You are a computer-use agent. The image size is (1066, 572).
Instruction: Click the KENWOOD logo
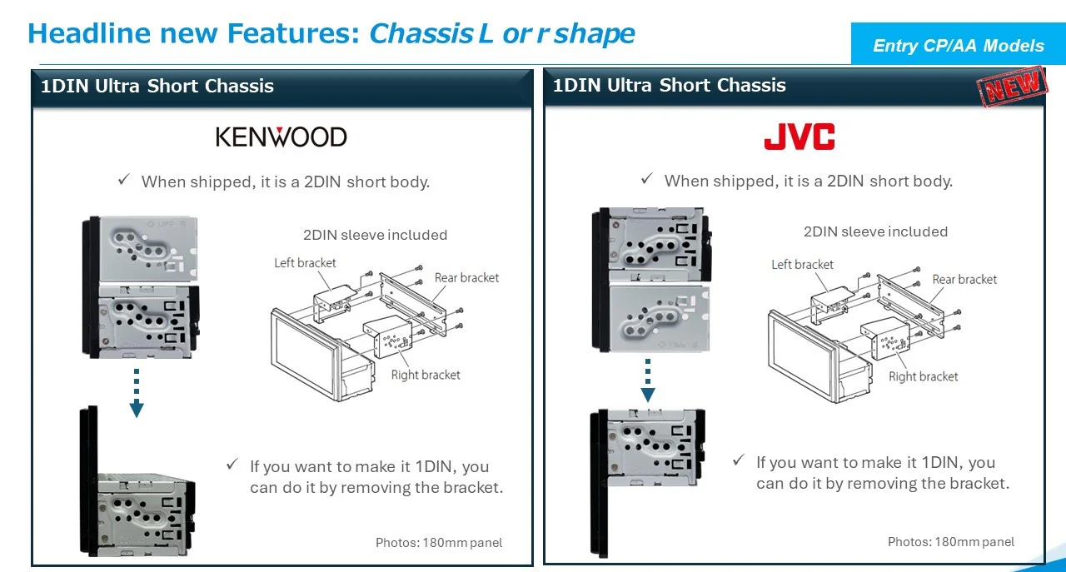coord(281,137)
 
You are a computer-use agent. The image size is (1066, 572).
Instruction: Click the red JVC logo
coord(799,137)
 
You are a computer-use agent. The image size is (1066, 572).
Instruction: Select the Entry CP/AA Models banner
coord(958,46)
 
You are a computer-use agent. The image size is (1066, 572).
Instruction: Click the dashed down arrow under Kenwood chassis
coord(137,392)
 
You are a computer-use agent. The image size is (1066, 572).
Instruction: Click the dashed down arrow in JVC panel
coord(648,380)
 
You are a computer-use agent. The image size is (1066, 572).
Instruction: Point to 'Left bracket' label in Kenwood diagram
coord(305,263)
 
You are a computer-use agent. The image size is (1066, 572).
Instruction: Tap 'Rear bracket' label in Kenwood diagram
coord(466,278)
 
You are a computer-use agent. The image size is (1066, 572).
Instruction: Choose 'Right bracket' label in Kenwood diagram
coord(426,376)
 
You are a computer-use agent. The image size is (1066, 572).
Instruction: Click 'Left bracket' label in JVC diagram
coord(802,265)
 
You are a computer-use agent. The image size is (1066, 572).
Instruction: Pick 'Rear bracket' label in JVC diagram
coord(964,280)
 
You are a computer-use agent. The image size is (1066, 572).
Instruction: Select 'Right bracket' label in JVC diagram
coord(923,377)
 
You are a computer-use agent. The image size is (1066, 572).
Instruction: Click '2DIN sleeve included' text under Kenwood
coord(375,236)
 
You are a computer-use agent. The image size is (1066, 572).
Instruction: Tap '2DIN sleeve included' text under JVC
coord(875,232)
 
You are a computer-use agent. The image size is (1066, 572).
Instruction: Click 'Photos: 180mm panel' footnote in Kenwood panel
coord(439,543)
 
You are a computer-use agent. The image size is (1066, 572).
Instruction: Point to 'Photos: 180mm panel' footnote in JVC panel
coord(951,542)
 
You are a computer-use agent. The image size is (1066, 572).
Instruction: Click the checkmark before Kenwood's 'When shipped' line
coord(124,180)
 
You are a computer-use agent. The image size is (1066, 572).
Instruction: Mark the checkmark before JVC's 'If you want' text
coord(739,460)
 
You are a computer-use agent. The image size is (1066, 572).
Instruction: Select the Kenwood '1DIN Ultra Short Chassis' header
coord(157,86)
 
